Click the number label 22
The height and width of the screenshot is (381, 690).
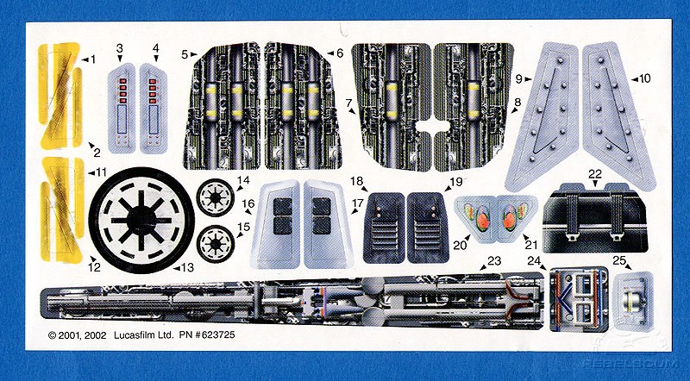pos(594,173)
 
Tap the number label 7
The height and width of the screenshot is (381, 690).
pos(349,103)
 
